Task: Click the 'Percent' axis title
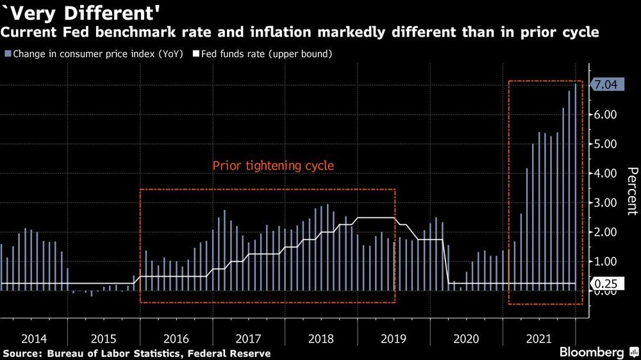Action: click(x=631, y=191)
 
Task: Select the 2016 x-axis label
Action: click(x=176, y=338)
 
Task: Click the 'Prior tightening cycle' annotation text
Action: click(x=273, y=166)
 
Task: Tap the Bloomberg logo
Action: click(x=592, y=352)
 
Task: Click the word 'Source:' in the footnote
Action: click(x=24, y=354)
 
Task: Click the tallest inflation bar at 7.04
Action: click(x=575, y=186)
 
